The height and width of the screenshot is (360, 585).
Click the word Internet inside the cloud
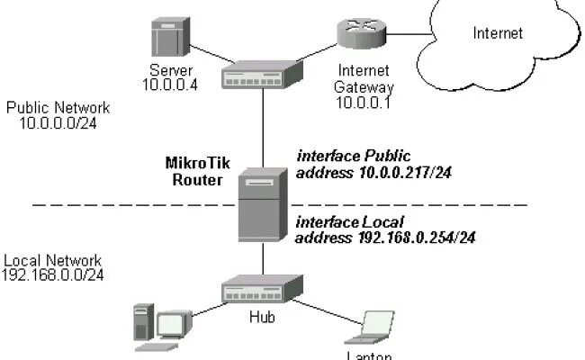[x=498, y=33]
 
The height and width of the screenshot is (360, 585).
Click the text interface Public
[x=346, y=157]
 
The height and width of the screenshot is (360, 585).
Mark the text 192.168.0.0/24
[x=53, y=274]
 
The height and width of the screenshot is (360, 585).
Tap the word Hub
[x=261, y=317]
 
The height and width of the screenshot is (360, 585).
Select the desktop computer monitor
[x=174, y=325]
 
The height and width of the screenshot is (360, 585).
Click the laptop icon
[x=370, y=328]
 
